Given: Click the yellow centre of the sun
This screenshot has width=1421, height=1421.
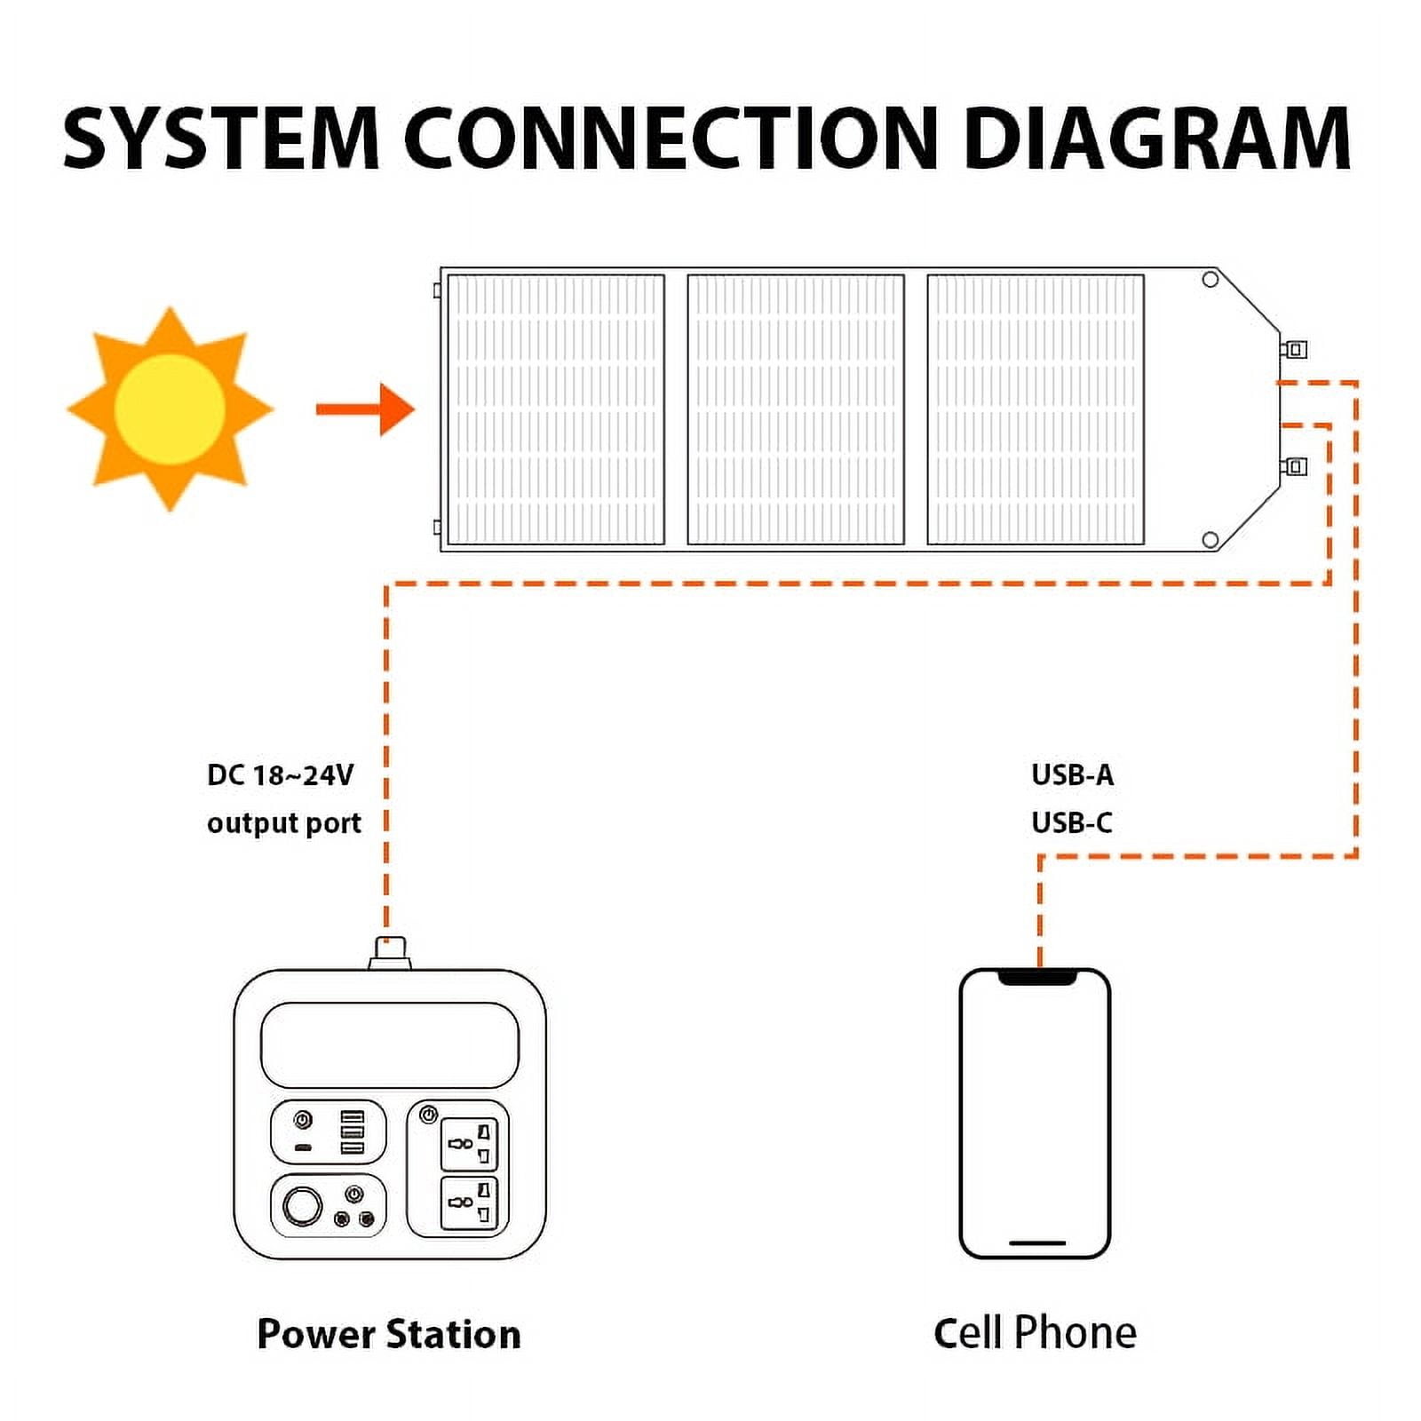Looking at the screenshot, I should coord(169,409).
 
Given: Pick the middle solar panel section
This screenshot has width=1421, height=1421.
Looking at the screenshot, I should coord(796,409).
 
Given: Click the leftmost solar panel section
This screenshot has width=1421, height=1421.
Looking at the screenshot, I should coord(556,409).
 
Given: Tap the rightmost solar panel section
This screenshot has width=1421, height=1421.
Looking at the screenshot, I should coord(1036,409).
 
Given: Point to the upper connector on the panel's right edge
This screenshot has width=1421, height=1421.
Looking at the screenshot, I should coord(1295,349).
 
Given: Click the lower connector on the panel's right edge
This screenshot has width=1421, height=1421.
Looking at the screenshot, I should coord(1295,466).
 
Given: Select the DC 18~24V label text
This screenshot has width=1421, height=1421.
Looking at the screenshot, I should coord(280,775).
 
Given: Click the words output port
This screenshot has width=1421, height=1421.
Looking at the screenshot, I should coord(283,823).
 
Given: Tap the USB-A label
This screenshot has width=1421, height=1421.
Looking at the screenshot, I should coord(1072,775).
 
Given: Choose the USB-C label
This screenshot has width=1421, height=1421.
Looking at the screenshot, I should coord(1072,823).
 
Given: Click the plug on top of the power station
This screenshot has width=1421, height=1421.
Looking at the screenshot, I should coord(391,952).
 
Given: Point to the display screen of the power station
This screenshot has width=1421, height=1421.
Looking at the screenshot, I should coord(390,1044).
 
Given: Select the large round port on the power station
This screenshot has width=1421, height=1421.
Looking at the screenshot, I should coord(302,1206).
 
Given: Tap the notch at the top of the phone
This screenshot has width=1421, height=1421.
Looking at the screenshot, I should coord(1037,978).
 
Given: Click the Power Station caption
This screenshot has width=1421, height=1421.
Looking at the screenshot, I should coord(389,1334).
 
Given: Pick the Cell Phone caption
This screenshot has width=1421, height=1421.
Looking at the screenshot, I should coord(1035,1333).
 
